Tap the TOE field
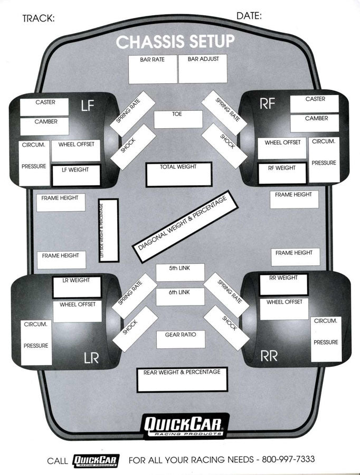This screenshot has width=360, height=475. [178, 119]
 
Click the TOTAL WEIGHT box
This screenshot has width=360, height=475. [178, 174]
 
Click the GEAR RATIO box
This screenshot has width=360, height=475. [181, 339]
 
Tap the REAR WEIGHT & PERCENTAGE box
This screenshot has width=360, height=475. [182, 379]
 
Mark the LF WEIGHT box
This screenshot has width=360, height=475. [75, 175]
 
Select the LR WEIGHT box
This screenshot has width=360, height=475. [77, 287]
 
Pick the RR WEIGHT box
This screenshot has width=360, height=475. [283, 284]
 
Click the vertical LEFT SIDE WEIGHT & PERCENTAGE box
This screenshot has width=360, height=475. [108, 230]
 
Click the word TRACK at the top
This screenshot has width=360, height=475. [39, 18]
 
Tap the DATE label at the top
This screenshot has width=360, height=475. [249, 16]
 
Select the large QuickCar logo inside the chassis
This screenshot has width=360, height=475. [185, 425]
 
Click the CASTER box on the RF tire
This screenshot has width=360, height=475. [315, 103]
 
